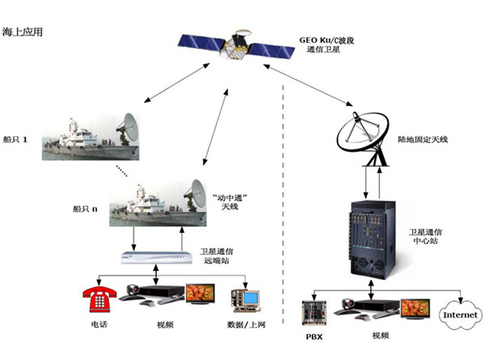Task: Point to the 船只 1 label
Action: click(15, 139)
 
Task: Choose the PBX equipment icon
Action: click(314, 311)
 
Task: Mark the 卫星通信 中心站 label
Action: click(425, 236)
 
